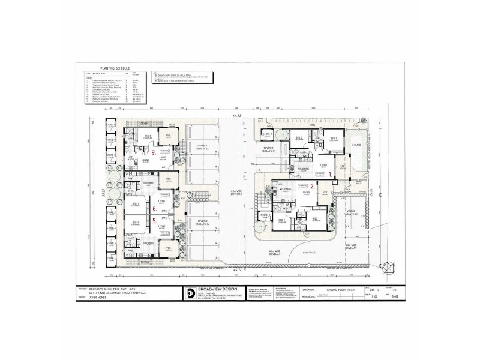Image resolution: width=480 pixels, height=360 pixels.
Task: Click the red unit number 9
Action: (x=154, y=152)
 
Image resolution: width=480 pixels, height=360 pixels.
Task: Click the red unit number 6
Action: (x=154, y=209)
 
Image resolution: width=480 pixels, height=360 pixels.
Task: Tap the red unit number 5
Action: (x=154, y=221)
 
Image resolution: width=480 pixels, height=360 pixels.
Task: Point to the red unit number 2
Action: (x=312, y=187)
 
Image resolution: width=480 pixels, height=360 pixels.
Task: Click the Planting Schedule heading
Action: (x=112, y=69)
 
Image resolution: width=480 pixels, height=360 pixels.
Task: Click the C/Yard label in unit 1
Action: (x=356, y=145)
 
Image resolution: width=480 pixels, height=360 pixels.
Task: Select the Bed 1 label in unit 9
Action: (x=147, y=136)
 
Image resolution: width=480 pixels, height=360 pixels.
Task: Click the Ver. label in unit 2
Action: (x=325, y=192)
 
